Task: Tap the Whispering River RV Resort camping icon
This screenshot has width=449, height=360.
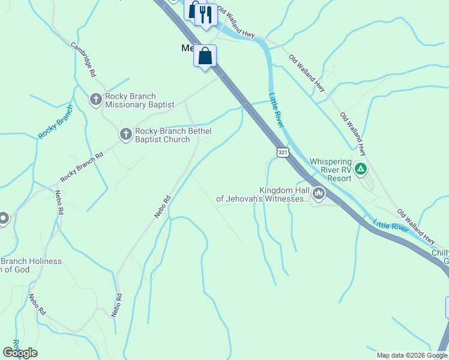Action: [x=361, y=169]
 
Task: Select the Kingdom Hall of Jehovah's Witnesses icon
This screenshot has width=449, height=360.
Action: [x=318, y=193]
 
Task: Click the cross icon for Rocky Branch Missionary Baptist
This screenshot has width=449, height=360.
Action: [x=95, y=100]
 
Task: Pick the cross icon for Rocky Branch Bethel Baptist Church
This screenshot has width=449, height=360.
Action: [x=125, y=134]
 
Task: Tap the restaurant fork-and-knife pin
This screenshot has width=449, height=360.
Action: [x=206, y=14]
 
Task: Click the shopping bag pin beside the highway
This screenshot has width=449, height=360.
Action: [x=205, y=57]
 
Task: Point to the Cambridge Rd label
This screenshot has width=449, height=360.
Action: [x=84, y=59]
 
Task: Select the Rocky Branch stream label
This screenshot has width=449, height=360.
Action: [x=55, y=122]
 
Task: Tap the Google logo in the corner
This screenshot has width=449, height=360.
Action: [x=20, y=353]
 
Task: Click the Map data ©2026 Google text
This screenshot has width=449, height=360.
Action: [x=411, y=355]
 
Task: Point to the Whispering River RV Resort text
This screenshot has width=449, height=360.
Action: [x=330, y=170]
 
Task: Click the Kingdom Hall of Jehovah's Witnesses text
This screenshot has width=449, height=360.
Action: [x=263, y=193]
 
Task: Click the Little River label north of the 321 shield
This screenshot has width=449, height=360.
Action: [x=276, y=110]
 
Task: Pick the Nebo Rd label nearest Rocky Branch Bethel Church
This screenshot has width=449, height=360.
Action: [x=163, y=206]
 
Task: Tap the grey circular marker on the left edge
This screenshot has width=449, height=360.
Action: [x=3, y=219]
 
